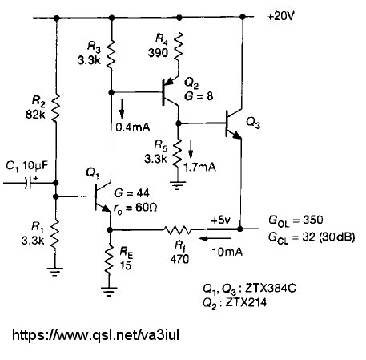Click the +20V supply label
[x=281, y=17]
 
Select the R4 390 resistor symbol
[x=179, y=47]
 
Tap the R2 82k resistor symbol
[x=56, y=108]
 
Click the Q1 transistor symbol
[x=103, y=197]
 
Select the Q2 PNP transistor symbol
[x=170, y=93]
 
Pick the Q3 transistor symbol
[x=234, y=123]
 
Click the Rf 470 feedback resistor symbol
[x=177, y=229]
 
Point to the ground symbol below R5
[x=177, y=185]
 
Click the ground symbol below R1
[x=54, y=272]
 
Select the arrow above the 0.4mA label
[x=122, y=109]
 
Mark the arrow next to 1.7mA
[x=191, y=150]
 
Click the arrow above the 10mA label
[x=215, y=238]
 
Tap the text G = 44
[x=131, y=193]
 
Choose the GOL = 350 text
[x=296, y=220]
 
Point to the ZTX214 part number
[x=246, y=302]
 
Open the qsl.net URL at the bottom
[x=95, y=335]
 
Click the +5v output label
[x=220, y=220]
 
